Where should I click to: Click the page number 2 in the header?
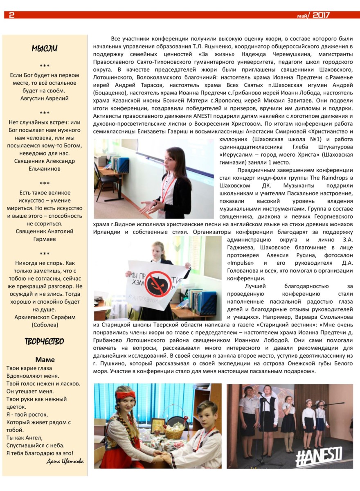[x=11, y=15]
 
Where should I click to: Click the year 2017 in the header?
[x=321, y=15]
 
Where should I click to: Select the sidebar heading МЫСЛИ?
[x=45, y=49]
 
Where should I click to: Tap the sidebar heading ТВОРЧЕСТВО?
[x=44, y=341]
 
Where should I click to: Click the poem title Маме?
[x=45, y=360]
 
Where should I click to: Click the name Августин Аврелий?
[x=45, y=98]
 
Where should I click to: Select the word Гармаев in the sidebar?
[x=45, y=239]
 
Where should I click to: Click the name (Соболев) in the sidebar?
[x=45, y=324]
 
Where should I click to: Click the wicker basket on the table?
[x=175, y=432]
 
